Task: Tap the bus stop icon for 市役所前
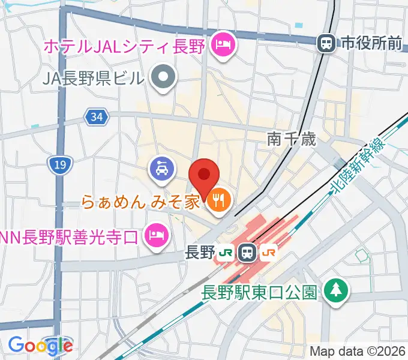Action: tap(327, 43)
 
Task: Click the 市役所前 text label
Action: tap(371, 43)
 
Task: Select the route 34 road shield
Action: tap(97, 117)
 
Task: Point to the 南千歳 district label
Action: tap(291, 139)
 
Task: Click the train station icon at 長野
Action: tap(247, 253)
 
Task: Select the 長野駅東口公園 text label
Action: tap(259, 293)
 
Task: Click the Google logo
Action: tap(40, 346)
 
